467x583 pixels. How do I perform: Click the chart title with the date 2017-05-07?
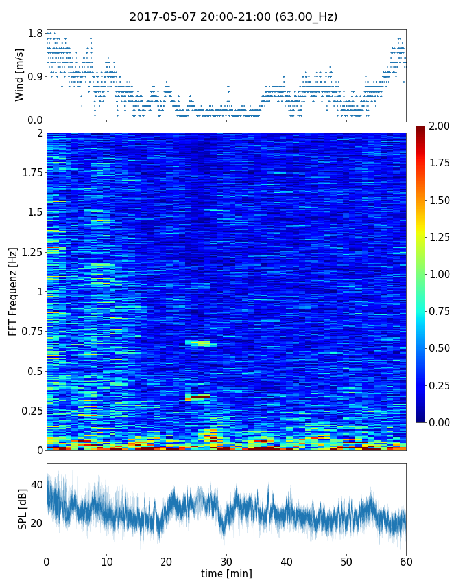click(x=233, y=17)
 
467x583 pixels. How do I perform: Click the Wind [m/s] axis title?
click(x=19, y=74)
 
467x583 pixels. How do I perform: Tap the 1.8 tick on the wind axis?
click(x=35, y=34)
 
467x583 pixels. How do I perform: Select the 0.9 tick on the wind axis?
click(x=35, y=76)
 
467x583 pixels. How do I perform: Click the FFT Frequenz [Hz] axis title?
click(x=13, y=291)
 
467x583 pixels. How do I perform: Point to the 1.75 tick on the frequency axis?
click(x=30, y=173)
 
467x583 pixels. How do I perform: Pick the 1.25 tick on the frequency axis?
click(x=30, y=252)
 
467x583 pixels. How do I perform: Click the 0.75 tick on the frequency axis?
click(x=30, y=331)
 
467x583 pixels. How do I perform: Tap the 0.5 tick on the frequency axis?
click(x=34, y=371)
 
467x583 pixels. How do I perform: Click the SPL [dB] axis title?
click(x=23, y=509)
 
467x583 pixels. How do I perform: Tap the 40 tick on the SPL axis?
click(x=36, y=484)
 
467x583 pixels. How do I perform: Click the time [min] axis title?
click(x=226, y=573)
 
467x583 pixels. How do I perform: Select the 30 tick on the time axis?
click(x=226, y=560)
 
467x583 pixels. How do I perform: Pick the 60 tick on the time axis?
click(x=406, y=560)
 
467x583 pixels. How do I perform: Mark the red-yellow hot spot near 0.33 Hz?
click(x=198, y=397)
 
